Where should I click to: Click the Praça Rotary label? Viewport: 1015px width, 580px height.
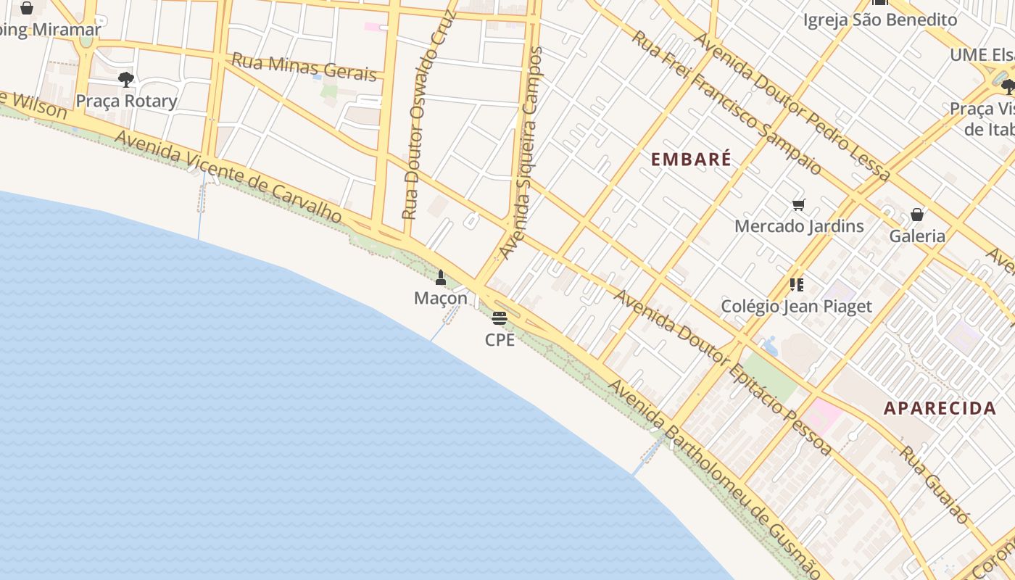(126, 101)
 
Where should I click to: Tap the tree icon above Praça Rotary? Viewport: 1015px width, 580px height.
(126, 79)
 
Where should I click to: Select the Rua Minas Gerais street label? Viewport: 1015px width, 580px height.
(304, 67)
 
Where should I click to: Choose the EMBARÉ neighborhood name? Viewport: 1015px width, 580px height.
(691, 159)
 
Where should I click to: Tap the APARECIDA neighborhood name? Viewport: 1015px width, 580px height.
(939, 408)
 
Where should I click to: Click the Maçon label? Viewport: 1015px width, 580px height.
(441, 298)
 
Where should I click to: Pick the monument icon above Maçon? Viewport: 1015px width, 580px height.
(441, 277)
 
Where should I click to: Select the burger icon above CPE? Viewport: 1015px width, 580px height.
(500, 318)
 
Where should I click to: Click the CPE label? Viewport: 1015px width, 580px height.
(500, 339)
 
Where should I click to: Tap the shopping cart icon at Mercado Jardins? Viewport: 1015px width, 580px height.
(799, 205)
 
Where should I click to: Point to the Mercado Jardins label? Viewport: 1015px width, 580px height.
(799, 226)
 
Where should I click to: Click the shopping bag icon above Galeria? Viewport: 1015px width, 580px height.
(917, 215)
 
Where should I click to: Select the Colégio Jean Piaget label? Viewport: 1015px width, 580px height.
(796, 306)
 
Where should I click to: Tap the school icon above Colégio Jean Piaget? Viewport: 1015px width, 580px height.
(797, 285)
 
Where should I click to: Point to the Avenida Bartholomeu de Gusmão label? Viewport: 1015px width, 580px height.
(714, 478)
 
